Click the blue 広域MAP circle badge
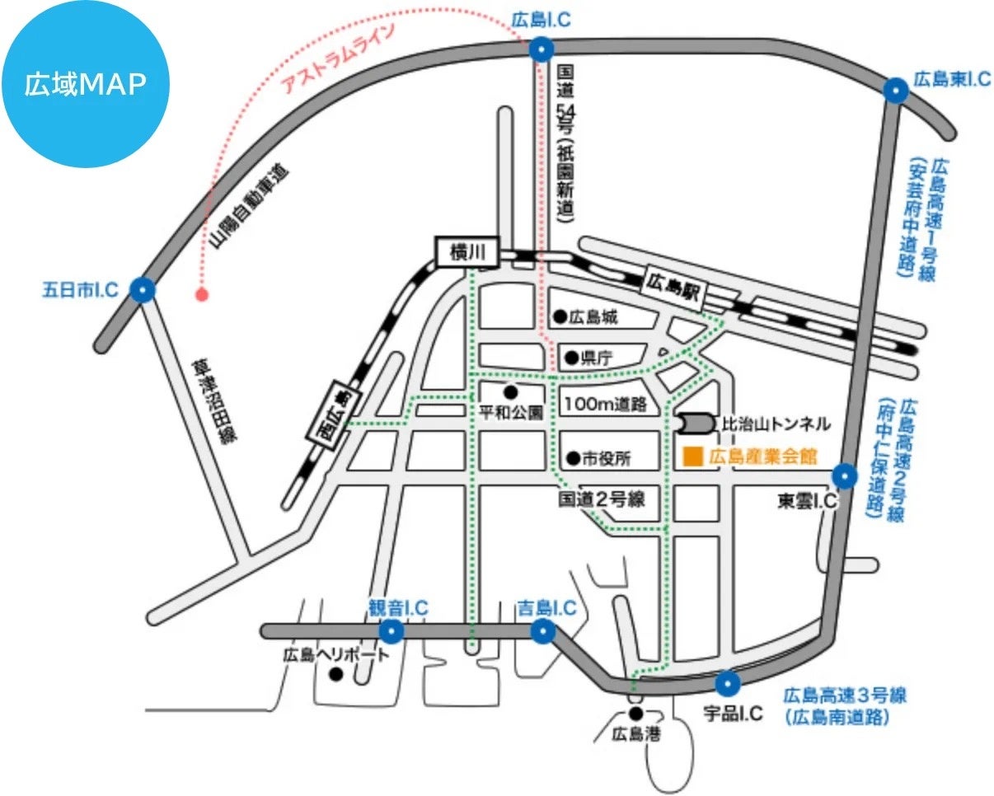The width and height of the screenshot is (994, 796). coord(86,83)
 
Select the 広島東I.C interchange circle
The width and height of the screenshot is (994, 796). coord(896,91)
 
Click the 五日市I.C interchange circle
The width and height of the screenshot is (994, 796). coord(143,290)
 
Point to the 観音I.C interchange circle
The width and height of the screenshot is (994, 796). coord(392,630)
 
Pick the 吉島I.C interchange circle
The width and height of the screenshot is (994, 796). coord(543,630)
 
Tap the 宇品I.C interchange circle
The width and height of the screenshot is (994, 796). coord(728,683)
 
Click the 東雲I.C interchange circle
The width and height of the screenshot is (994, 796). coord(845,476)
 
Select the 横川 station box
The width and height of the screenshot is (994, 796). coord(467,252)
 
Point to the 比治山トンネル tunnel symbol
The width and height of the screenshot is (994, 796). coord(696,424)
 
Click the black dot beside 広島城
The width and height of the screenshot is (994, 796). coord(560,316)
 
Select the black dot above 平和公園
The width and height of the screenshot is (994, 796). coord(510,392)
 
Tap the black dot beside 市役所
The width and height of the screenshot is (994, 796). coord(573,458)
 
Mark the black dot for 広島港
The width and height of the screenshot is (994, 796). coord(636,713)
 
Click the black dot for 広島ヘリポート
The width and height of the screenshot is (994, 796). coord(335,675)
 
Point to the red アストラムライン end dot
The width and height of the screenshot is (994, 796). coord(201,294)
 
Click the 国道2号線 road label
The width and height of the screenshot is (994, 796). coord(601,499)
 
